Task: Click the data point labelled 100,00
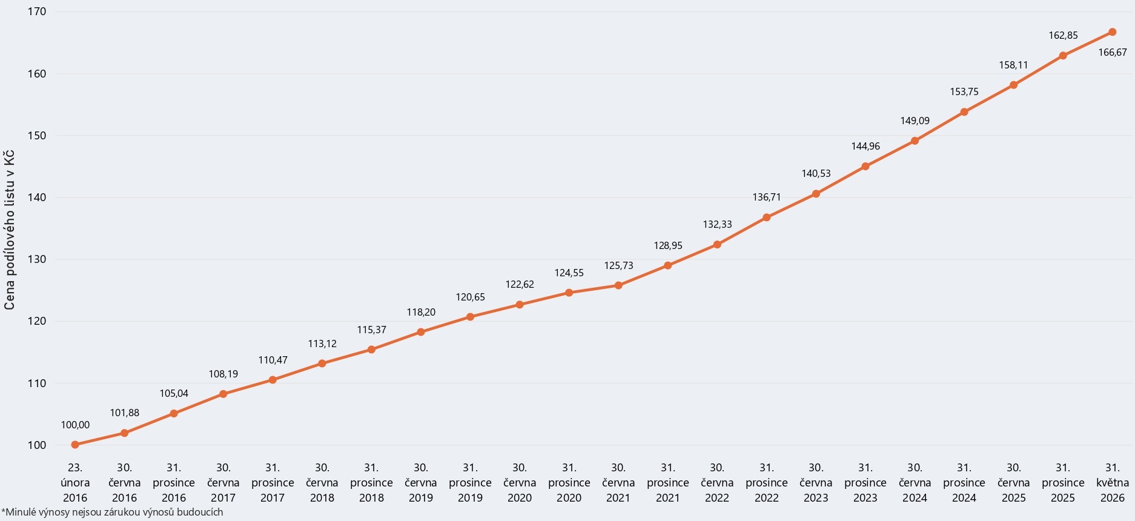(x=75, y=445)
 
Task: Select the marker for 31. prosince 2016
(x=174, y=414)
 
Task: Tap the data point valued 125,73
(x=618, y=285)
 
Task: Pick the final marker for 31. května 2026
(x=1113, y=32)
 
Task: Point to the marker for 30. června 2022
(x=717, y=245)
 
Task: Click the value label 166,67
(x=1113, y=52)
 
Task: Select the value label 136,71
(x=767, y=197)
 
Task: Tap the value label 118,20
(x=421, y=312)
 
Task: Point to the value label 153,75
(x=964, y=91)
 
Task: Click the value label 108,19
(x=223, y=374)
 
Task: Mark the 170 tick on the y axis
(x=37, y=12)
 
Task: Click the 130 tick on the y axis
(x=37, y=259)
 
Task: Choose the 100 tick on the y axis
(x=37, y=445)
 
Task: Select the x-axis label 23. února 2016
(x=75, y=483)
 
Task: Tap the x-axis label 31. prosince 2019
(x=470, y=483)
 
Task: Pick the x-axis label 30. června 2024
(x=915, y=483)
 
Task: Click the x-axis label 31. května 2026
(x=1113, y=483)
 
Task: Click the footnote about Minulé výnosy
(x=112, y=512)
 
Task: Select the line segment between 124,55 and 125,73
(x=594, y=289)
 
